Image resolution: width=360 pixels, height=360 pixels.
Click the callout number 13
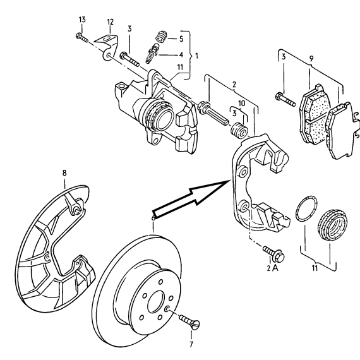point(82,20)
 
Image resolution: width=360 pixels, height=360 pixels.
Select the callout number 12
point(110,22)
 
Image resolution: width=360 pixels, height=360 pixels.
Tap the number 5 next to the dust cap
point(181,39)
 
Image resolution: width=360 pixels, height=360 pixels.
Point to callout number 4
point(181,55)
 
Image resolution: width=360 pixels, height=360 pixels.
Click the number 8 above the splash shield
point(64,172)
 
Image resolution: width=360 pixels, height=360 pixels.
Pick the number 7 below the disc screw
point(191,344)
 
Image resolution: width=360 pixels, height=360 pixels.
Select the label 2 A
point(272,268)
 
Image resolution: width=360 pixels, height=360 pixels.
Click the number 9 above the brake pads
point(311,59)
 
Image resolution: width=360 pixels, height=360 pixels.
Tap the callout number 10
point(242,104)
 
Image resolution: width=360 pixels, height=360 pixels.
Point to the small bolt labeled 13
point(81,38)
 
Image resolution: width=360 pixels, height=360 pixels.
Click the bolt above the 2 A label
point(273,253)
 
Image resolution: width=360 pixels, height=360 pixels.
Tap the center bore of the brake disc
point(157,302)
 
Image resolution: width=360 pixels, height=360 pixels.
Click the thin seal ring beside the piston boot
point(307,208)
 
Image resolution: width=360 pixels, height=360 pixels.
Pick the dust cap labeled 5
point(161,37)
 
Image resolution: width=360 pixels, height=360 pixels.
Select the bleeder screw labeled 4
point(152,54)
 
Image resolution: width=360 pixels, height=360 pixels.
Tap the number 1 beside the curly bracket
point(196,56)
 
